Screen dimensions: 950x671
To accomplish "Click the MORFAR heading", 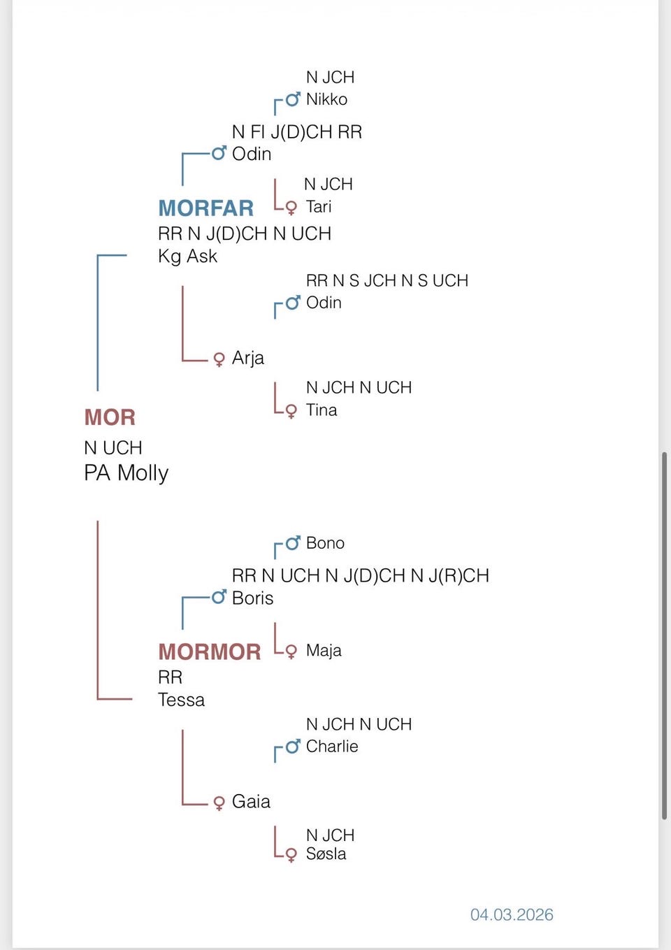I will [205, 208].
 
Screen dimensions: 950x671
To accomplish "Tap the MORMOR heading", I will [209, 652].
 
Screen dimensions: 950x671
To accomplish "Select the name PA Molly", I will [126, 473].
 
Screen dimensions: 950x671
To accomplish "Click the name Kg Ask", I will [187, 257].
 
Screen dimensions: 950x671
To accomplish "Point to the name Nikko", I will [326, 99].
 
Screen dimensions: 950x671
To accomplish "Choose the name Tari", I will [319, 207].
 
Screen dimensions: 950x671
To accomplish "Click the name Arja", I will [247, 358].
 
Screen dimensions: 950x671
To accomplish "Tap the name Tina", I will [322, 410].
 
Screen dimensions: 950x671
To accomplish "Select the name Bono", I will [325, 543].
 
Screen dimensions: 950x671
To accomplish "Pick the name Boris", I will [252, 598].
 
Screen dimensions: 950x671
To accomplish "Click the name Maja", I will [324, 651].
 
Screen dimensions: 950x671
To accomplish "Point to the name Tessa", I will [181, 700].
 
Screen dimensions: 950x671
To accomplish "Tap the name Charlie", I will [332, 747].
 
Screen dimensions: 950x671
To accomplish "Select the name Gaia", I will [251, 801].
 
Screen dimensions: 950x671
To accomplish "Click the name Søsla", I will [326, 854].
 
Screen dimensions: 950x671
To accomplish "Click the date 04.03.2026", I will [512, 914].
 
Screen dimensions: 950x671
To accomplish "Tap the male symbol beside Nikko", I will [293, 99].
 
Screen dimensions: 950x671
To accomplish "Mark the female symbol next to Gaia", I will [219, 803].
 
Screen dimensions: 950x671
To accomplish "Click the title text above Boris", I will [360, 576].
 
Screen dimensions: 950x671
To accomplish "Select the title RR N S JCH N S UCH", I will [387, 281].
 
